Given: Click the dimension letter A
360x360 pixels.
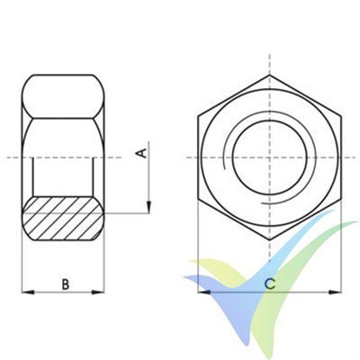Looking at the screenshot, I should tap(140, 152).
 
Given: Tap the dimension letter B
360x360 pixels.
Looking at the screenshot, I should tap(65, 284).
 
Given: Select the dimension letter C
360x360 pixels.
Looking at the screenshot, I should tap(269, 284).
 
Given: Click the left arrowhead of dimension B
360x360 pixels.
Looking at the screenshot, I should tap(24, 292).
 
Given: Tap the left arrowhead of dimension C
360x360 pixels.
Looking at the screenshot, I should tap(202, 292).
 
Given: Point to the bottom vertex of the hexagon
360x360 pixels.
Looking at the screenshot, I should tap(269, 238).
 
